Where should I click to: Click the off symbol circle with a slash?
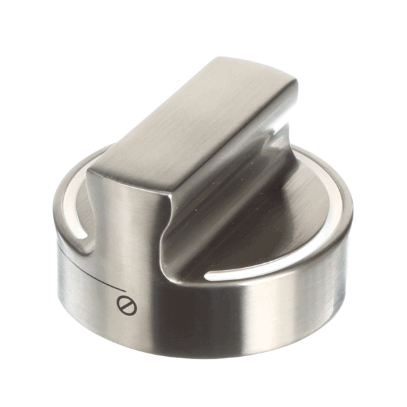click(x=127, y=306)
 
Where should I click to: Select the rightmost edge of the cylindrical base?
click(x=352, y=224)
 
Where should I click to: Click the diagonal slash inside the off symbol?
click(x=127, y=306)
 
